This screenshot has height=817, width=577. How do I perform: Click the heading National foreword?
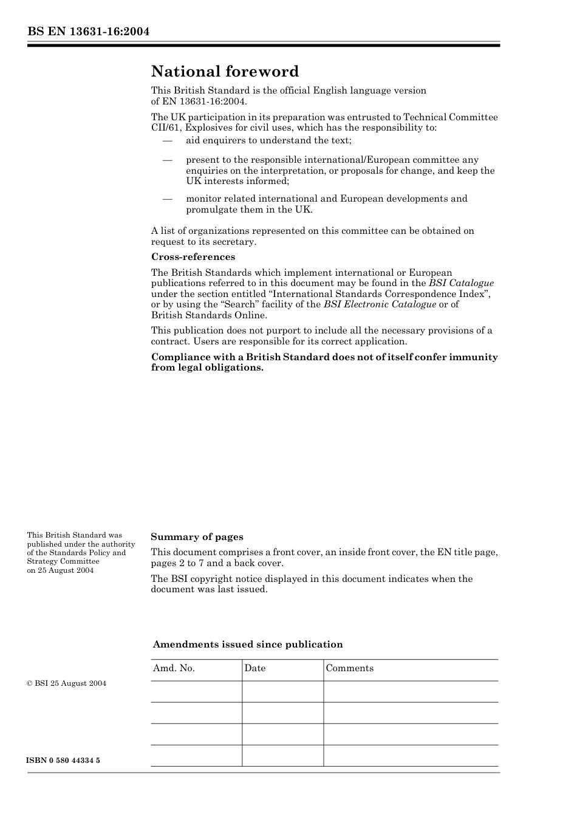point(225,72)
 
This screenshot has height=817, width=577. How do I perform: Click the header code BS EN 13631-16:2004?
point(88,32)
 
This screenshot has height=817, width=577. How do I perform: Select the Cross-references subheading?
point(193,257)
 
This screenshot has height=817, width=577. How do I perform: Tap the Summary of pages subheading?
point(197,537)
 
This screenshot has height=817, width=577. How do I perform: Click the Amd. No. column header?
point(174,668)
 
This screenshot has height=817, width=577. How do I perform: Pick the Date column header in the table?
point(255,668)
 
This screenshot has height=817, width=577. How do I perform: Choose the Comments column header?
point(350,668)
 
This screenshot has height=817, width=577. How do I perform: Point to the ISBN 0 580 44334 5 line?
point(63,761)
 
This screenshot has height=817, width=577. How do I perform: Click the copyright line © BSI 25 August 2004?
point(66,683)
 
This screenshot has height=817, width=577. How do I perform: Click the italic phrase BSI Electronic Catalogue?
point(380,304)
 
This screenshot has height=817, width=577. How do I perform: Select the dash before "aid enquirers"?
point(168,141)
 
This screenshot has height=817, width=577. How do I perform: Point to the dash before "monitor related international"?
point(168,199)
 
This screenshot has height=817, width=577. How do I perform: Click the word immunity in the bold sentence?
point(473,357)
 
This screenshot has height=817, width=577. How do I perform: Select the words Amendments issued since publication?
point(248,644)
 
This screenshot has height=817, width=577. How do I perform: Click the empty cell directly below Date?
point(282,691)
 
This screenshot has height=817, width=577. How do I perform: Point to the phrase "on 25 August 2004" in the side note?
point(60,570)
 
